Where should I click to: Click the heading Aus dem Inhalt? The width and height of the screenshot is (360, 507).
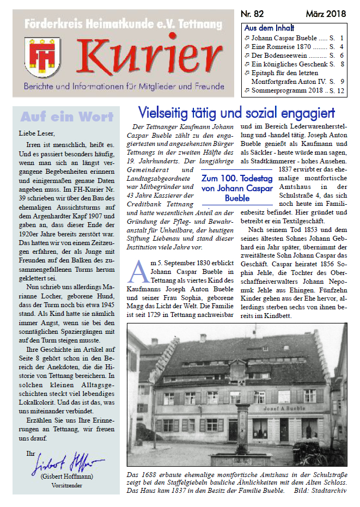[x=269, y=28]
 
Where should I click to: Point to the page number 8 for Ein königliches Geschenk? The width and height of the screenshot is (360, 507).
[x=341, y=64]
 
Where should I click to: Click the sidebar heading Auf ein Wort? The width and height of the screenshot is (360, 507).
[x=66, y=117]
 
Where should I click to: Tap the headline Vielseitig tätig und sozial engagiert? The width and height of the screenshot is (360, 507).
[x=236, y=113]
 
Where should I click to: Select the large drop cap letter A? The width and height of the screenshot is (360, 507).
[x=139, y=270]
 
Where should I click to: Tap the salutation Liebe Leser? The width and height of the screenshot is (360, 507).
[x=37, y=132]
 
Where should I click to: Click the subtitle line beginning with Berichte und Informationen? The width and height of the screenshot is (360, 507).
[x=124, y=87]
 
